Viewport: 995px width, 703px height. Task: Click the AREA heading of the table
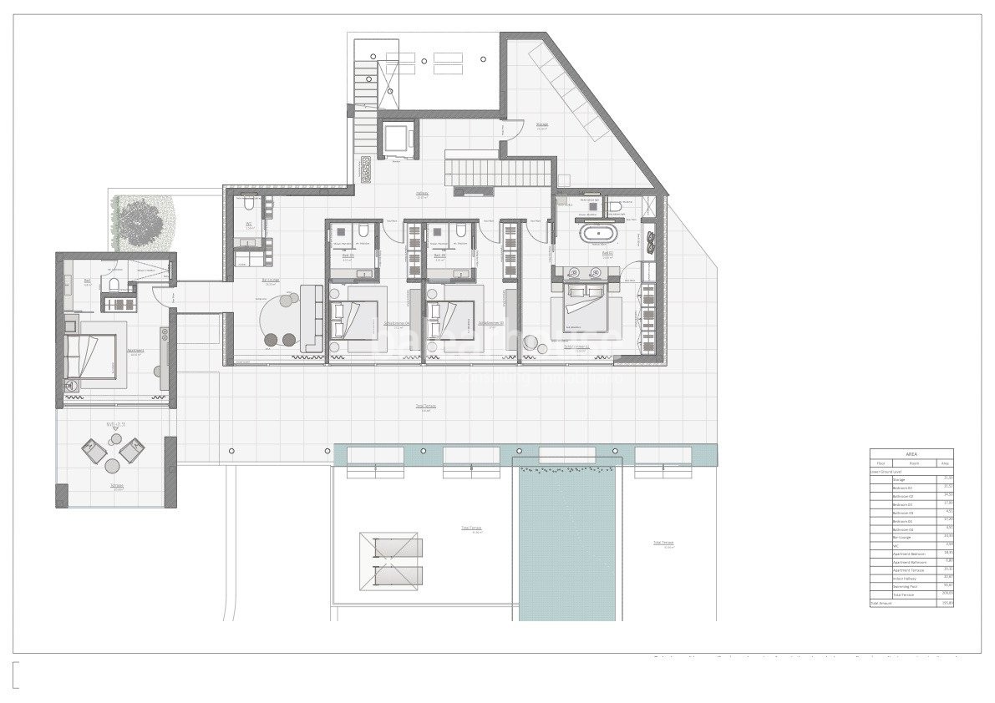[x=911, y=454]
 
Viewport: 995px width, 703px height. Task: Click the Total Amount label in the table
[x=882, y=602]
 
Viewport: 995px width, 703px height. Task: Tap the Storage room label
[x=541, y=128]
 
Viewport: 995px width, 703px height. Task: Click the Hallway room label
[x=423, y=194]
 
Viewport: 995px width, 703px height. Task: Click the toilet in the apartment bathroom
[x=113, y=286]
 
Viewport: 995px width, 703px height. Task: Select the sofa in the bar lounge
[x=311, y=317]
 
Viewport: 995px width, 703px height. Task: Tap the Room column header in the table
[x=914, y=463]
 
